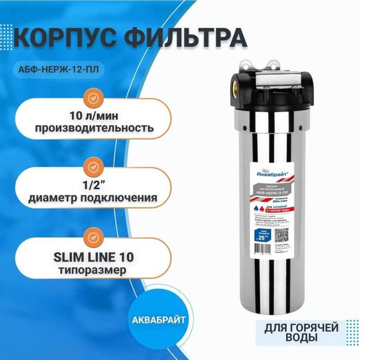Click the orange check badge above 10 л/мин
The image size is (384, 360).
93,96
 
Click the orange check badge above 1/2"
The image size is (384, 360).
93,167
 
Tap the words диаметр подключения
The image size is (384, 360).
93,197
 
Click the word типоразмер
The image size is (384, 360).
93,269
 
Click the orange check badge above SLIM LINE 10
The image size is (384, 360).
93,238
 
